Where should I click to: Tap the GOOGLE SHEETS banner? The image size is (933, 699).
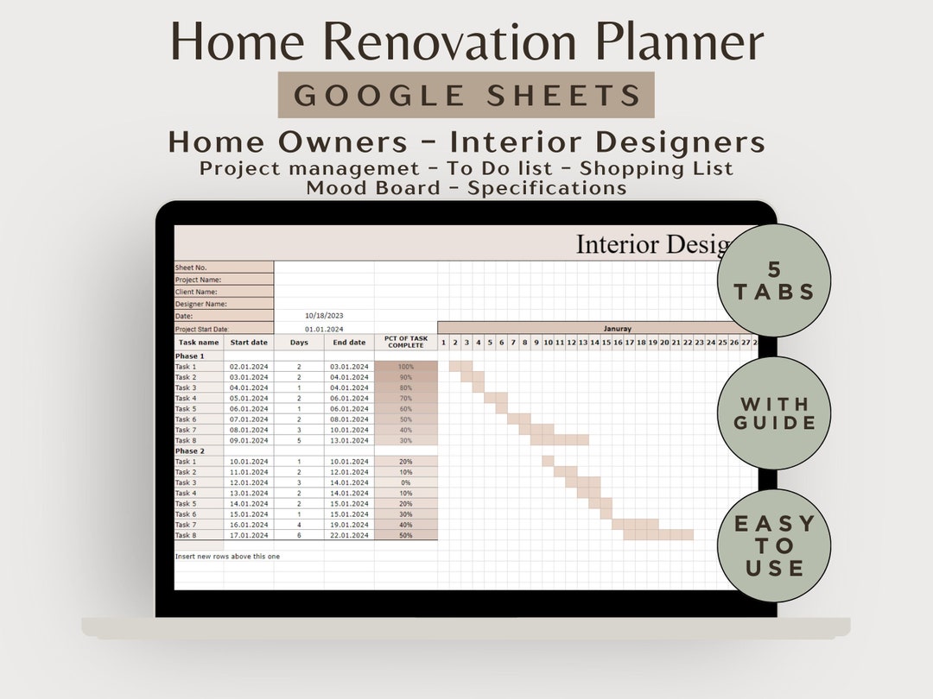coord(466,95)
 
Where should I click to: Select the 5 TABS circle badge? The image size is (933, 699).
coord(774,280)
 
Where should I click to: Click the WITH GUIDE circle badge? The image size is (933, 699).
coord(774,413)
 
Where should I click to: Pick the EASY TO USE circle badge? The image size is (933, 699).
coord(774,545)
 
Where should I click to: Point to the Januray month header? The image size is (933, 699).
coord(617,329)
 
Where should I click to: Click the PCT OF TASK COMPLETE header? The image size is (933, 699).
coord(405,343)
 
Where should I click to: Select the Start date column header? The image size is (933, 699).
coord(249,343)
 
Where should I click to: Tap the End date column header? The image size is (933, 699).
coord(350,343)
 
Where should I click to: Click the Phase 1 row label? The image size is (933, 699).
coord(190,356)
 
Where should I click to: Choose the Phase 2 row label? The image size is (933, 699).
coord(190,451)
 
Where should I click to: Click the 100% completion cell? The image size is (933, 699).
coord(405,367)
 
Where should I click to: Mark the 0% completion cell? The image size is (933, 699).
coord(405,483)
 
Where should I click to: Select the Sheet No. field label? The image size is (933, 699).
coord(192,268)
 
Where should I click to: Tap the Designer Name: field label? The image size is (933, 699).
coord(201,304)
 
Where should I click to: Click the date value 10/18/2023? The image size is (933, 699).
coord(324,316)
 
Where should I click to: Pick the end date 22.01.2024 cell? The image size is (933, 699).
coord(350,536)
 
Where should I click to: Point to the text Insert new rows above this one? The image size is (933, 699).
coord(228,557)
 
